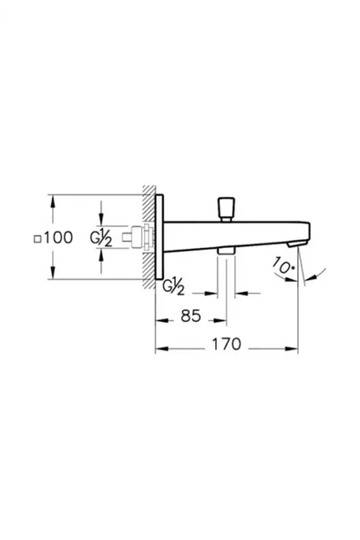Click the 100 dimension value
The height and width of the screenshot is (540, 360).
click(57, 238)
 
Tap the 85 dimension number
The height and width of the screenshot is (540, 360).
click(190, 318)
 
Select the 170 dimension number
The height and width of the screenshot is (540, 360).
click(226, 346)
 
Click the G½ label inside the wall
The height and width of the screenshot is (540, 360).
click(101, 238)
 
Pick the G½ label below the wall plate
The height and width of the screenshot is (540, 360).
click(175, 287)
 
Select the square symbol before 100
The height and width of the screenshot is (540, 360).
click(36, 239)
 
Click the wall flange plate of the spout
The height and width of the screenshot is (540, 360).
click(160, 239)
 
